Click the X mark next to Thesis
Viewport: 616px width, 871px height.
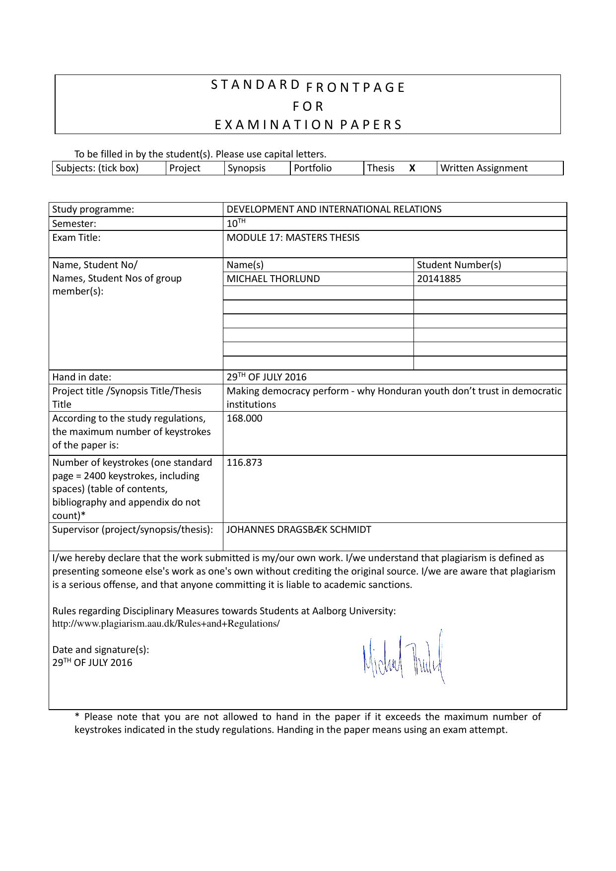[412, 168]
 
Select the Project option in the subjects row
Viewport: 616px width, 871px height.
[185, 168]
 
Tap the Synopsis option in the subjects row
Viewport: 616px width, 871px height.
[247, 168]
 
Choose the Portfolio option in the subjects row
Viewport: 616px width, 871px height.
[313, 168]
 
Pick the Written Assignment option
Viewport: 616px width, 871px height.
[484, 168]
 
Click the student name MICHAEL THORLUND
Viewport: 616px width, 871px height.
[273, 279]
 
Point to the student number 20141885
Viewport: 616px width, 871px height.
[439, 279]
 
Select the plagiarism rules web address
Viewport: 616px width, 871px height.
[166, 624]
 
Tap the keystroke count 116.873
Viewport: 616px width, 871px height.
[244, 463]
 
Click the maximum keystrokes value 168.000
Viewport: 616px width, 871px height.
[244, 419]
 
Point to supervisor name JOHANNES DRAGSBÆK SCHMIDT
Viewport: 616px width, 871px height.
[299, 530]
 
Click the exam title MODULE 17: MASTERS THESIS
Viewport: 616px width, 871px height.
[293, 238]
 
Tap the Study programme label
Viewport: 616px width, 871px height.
[93, 210]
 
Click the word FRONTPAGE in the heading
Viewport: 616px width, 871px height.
[356, 88]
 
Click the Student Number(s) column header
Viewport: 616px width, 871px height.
[459, 265]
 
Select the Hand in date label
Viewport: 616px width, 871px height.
[82, 377]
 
